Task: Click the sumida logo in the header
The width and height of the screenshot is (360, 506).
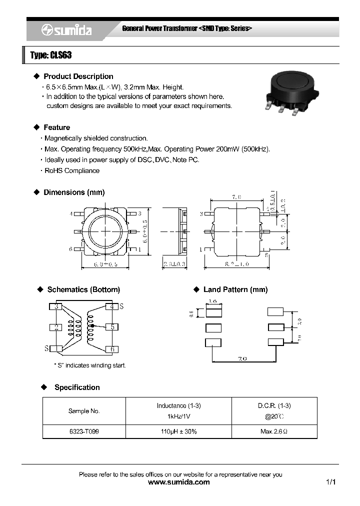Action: (66, 31)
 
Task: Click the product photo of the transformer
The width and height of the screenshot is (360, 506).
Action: (289, 91)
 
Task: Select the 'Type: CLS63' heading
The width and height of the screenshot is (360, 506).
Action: (51, 55)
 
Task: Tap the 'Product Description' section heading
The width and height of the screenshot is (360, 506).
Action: (78, 76)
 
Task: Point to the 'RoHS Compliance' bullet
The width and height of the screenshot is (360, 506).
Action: (71, 170)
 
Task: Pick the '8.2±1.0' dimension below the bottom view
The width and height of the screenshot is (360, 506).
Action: (236, 263)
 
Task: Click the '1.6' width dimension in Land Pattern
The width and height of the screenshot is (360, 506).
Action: (212, 301)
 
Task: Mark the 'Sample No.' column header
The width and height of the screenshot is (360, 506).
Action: (84, 411)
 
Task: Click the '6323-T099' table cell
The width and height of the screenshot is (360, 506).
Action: (84, 431)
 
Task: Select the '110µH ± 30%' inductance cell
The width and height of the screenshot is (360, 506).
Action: (178, 431)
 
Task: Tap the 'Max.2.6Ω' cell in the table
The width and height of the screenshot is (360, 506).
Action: (274, 431)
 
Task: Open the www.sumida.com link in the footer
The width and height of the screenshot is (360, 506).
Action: (179, 482)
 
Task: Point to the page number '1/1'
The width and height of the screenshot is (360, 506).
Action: (330, 482)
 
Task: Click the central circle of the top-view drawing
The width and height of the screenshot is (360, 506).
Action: (106, 231)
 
